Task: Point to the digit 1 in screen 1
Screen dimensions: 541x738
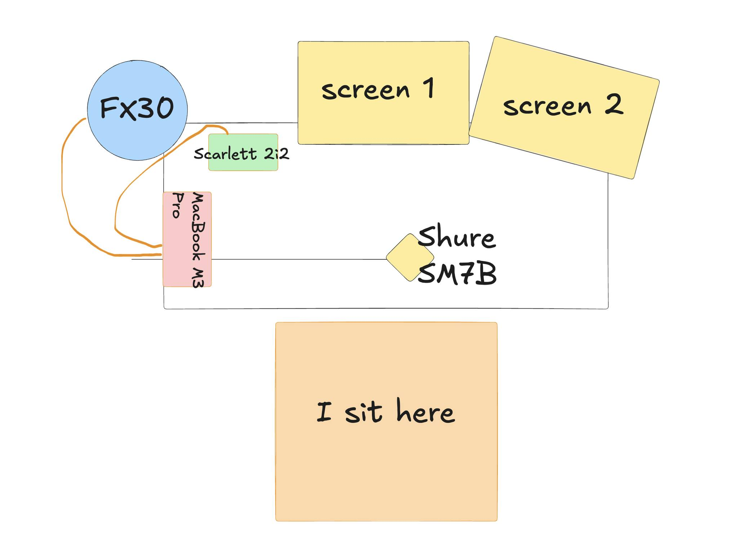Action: (x=429, y=88)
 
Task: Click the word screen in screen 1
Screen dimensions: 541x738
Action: (x=365, y=90)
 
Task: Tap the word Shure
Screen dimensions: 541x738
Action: (x=457, y=238)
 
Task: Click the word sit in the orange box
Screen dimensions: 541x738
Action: (x=363, y=412)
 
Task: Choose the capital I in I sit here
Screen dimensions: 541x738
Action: (x=324, y=412)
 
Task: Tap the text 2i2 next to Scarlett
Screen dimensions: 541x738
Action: (x=276, y=154)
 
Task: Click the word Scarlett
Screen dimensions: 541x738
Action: (x=225, y=154)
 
